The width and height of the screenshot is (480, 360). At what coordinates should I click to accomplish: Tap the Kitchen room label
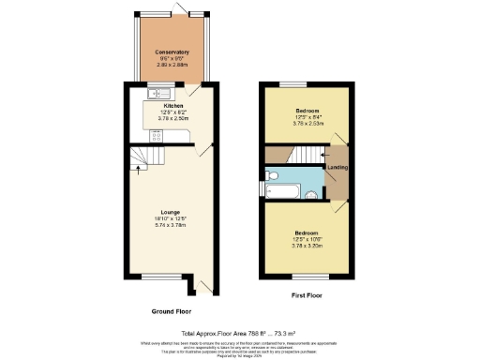160,107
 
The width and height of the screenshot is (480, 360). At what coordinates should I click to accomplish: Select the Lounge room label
170,212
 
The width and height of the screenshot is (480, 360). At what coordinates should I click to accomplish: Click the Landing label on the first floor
337,168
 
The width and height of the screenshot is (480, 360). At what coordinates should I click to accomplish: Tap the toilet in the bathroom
272,175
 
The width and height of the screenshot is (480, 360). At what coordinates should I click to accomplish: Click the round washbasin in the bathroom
309,196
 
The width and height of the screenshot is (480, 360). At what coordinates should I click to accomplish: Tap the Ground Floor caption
171,310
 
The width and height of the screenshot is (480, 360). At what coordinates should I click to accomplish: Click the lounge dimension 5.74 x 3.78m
170,225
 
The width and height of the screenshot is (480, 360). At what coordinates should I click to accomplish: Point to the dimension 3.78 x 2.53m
307,121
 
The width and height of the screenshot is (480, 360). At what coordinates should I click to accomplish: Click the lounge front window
155,275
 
